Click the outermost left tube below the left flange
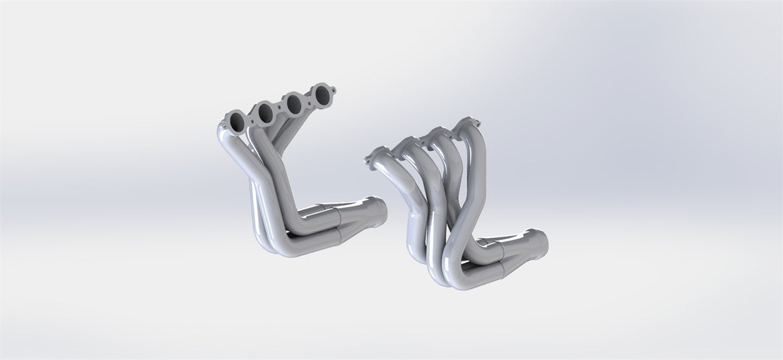(226, 155)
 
